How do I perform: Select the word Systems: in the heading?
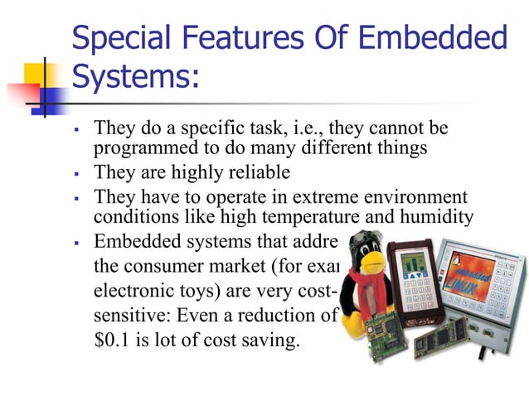pyautogui.click(x=135, y=77)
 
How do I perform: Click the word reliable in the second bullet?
pyautogui.click(x=260, y=173)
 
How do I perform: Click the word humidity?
pyautogui.click(x=438, y=218)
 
